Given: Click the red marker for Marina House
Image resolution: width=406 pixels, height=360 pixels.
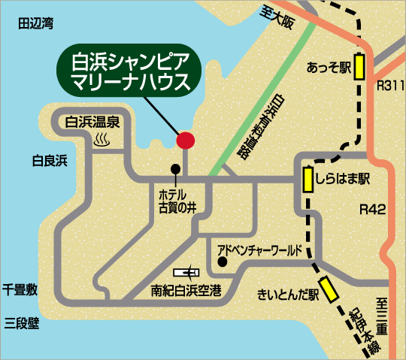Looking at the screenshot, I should pyautogui.click(x=185, y=140).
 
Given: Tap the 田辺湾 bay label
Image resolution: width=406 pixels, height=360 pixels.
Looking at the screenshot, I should pyautogui.click(x=36, y=24).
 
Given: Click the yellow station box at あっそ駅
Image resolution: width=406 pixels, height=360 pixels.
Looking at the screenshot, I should pyautogui.click(x=359, y=67).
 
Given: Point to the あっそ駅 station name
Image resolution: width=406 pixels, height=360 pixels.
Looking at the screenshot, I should pyautogui.click(x=329, y=68).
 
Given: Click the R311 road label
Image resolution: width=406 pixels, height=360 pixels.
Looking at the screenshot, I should pyautogui.click(x=389, y=88).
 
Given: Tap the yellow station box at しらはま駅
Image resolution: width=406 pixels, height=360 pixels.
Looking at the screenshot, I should pyautogui.click(x=308, y=180).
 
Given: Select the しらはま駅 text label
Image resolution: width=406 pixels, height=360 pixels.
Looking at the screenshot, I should pyautogui.click(x=344, y=180).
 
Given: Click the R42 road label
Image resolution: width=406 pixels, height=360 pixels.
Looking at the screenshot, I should pyautogui.click(x=371, y=209).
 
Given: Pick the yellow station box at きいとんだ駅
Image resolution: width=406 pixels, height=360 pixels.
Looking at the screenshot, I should pyautogui.click(x=329, y=289).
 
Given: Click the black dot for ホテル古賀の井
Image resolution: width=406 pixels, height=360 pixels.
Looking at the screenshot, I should pyautogui.click(x=176, y=168).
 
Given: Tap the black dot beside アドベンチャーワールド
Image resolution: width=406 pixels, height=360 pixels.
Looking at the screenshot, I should pyautogui.click(x=222, y=262).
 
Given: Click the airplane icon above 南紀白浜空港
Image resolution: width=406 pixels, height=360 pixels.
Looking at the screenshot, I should pyautogui.click(x=186, y=271).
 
